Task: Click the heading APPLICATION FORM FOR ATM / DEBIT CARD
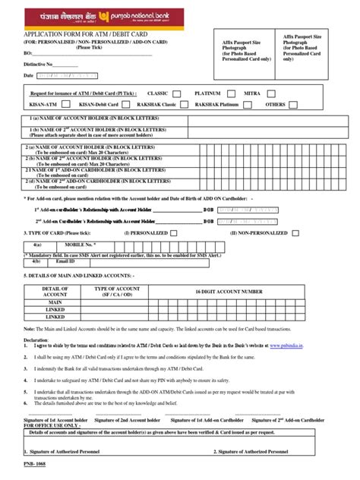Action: [x=83, y=35]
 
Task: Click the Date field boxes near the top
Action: [x=65, y=76]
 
